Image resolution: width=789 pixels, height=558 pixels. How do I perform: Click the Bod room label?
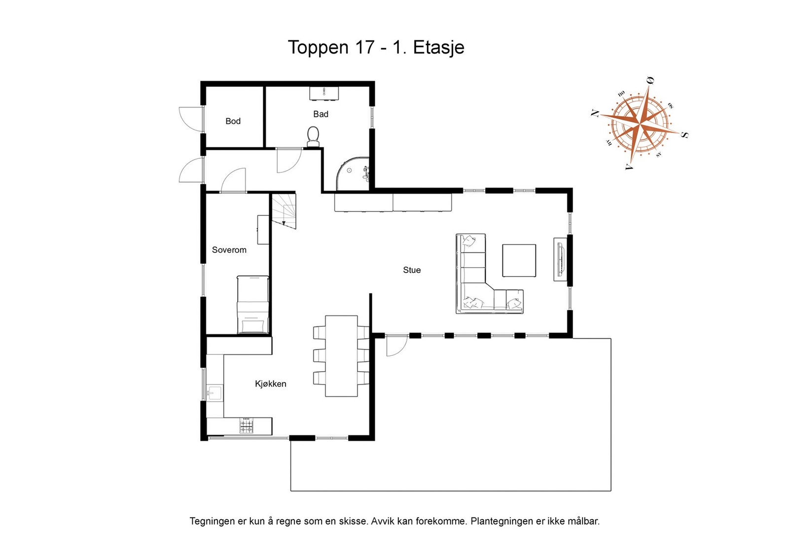[233, 121]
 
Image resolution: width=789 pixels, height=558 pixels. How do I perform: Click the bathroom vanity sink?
[324, 93]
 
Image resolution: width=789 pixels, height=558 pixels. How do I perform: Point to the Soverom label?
[229, 250]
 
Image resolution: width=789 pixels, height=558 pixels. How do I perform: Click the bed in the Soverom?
[252, 305]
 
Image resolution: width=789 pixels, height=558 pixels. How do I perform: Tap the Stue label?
[412, 270]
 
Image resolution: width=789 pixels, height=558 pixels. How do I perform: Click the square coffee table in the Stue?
[519, 260]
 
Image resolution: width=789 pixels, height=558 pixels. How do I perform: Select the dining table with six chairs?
[341, 356]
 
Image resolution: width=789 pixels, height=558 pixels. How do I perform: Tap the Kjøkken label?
[270, 384]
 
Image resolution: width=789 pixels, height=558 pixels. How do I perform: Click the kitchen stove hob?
[247, 426]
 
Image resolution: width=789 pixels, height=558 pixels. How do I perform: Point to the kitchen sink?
[215, 393]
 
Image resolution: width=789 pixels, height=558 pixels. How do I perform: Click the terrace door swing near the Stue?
[395, 346]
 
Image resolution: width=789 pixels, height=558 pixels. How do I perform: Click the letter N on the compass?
[595, 113]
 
